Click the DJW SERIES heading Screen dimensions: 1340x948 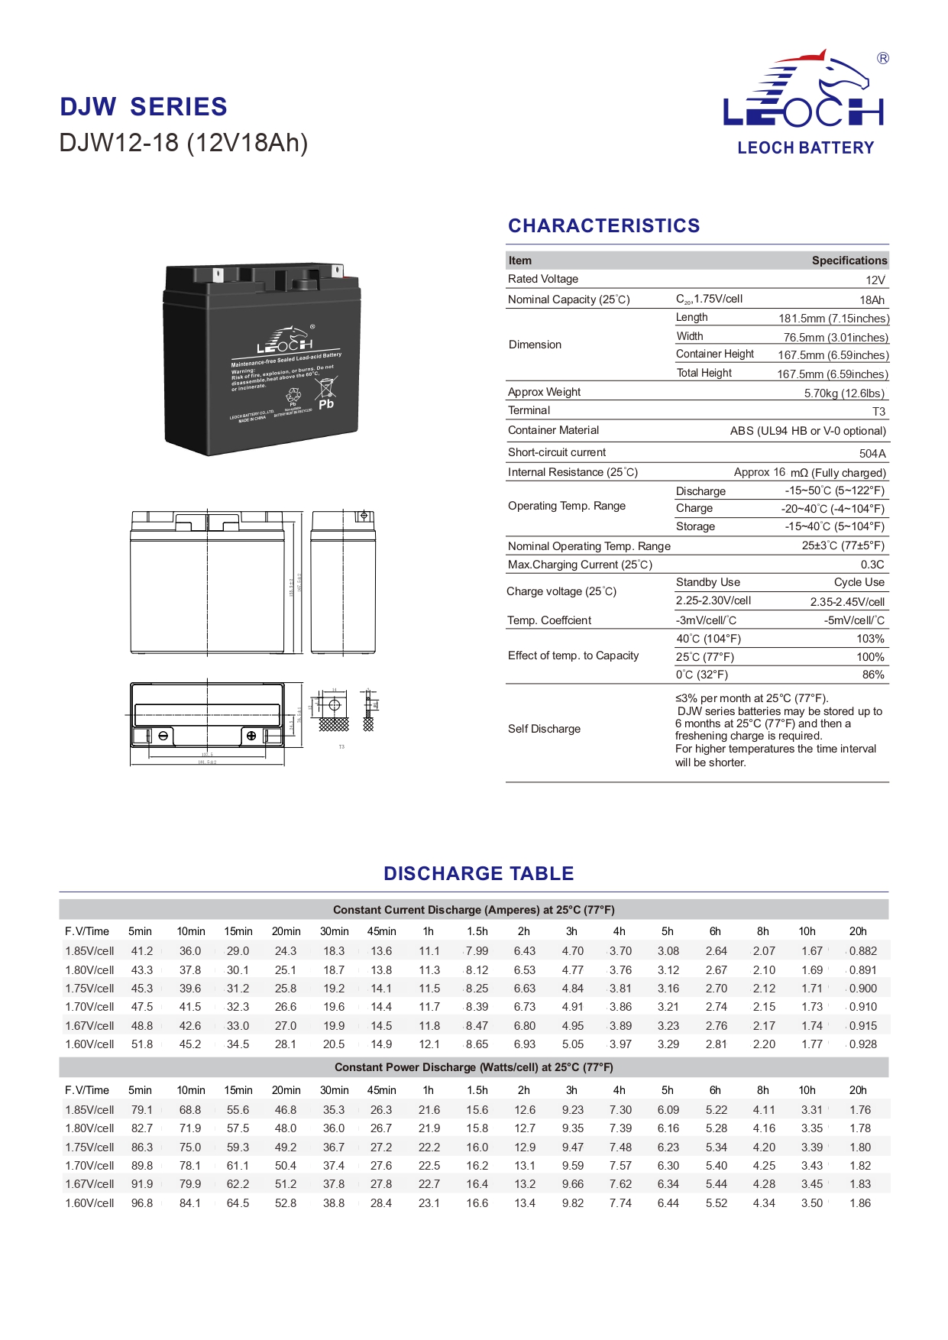144,107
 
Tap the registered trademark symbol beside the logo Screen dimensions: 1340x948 883,59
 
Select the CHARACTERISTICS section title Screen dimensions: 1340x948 603,225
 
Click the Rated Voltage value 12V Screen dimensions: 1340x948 875,280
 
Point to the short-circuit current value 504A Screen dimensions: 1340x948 872,453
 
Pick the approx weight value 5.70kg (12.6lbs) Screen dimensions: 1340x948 844,393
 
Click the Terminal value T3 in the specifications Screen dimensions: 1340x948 878,412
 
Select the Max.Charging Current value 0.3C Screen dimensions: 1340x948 872,565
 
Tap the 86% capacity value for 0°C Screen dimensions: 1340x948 873,675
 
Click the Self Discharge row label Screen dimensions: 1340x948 544,729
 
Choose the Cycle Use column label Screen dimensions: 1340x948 859,582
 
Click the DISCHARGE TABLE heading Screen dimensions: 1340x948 479,873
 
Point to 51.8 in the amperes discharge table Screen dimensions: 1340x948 142,1044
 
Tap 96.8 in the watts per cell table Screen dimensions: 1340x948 142,1203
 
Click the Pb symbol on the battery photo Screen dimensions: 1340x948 326,404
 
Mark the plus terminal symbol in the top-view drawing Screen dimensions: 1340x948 251,736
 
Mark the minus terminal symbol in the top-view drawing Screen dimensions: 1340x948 163,736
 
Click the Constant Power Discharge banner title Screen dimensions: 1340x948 474,1067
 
